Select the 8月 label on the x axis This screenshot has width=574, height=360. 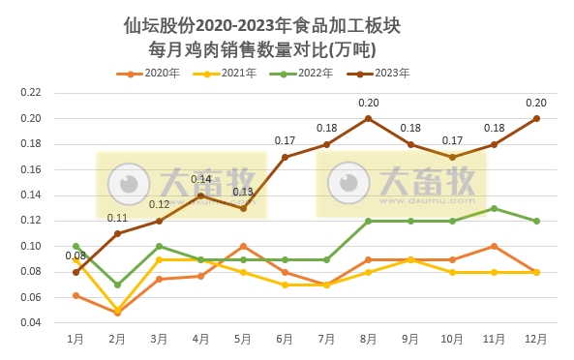point(369,340)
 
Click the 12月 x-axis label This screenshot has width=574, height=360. point(536,340)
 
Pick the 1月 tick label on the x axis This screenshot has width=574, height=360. point(76,340)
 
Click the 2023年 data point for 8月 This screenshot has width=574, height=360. point(369,118)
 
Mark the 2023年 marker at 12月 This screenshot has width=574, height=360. point(536,118)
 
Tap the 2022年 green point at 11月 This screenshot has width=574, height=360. point(495,208)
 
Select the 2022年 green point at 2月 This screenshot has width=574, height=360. point(117,285)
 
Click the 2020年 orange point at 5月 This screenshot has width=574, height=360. point(243,246)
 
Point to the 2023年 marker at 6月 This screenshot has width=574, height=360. point(285,157)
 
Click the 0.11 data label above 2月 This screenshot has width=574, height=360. point(117,218)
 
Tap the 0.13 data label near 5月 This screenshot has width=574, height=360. point(243,192)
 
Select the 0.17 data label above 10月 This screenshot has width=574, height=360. point(452,140)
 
